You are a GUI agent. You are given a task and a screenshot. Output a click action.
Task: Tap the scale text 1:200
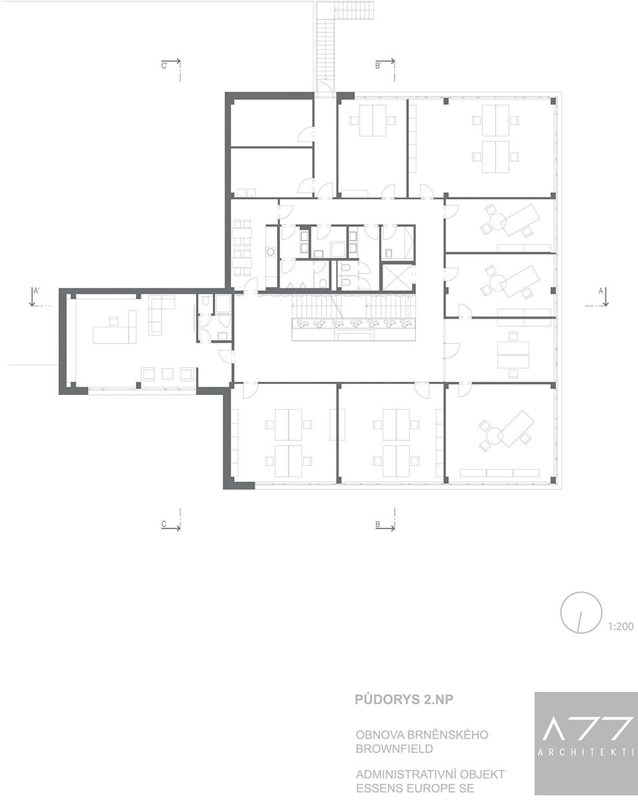(620, 626)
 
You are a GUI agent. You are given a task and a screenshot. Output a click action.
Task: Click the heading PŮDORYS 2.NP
(404, 699)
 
